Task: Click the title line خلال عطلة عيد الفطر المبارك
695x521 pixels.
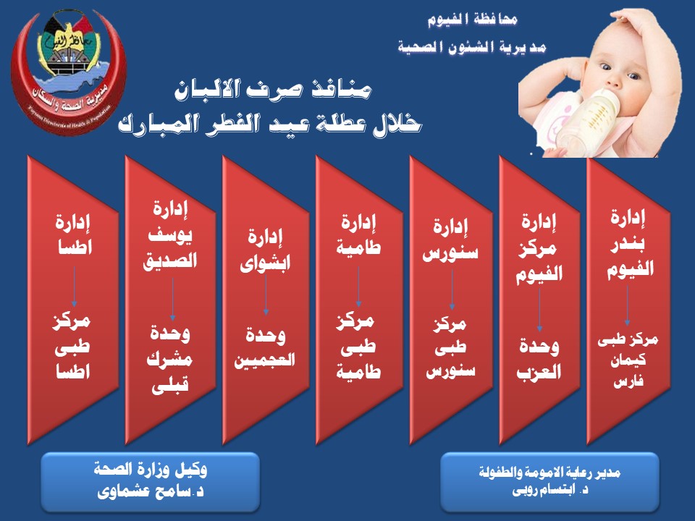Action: coord(270,123)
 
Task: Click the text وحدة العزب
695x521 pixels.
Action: coord(539,360)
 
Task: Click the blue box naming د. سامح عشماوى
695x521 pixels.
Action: coord(151,480)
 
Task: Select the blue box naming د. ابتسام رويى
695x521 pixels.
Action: coord(549,480)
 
